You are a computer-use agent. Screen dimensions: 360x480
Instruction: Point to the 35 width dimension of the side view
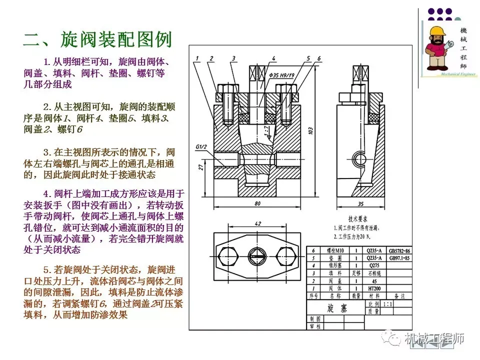360,203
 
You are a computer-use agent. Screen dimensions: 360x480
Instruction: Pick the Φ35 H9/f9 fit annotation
281,75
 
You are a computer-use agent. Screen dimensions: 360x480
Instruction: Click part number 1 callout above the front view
198,58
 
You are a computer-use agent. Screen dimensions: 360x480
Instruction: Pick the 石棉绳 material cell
371,273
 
